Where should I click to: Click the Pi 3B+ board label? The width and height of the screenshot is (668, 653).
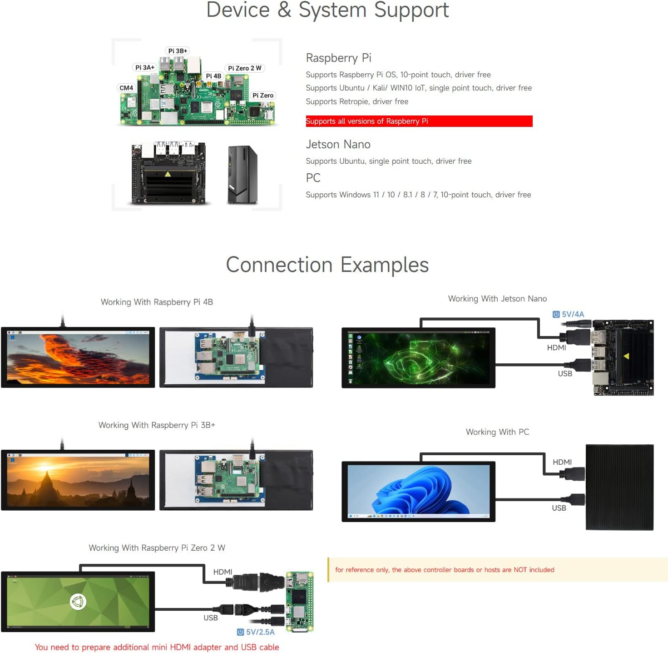(x=178, y=51)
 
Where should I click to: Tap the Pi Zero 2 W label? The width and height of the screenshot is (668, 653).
(x=244, y=68)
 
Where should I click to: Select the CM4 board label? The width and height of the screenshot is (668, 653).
(x=126, y=88)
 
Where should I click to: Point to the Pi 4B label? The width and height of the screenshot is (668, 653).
(x=213, y=76)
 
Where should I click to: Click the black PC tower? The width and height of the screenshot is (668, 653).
(x=242, y=175)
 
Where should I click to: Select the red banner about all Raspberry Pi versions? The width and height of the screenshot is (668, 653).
(x=419, y=121)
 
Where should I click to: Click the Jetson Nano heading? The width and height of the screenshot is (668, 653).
(x=338, y=145)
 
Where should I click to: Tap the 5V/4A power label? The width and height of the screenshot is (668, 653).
(x=569, y=314)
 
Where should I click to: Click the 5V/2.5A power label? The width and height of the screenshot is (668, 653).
(x=256, y=632)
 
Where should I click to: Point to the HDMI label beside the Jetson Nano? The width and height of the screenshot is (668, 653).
(x=556, y=348)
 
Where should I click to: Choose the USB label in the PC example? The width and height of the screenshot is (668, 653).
(x=559, y=508)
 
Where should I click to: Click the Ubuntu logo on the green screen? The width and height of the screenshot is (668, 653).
(x=78, y=602)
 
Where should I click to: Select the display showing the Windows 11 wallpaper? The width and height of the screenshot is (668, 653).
(x=418, y=491)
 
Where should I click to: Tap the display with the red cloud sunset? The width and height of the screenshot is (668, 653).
(x=78, y=357)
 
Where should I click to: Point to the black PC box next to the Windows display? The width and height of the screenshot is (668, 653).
(x=619, y=487)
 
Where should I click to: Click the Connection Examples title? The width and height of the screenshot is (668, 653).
(x=327, y=265)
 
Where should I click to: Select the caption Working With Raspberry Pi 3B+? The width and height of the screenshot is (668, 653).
(x=157, y=425)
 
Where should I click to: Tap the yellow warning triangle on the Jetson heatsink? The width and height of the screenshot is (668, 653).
(x=626, y=356)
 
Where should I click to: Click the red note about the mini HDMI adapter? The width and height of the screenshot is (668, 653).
(x=157, y=647)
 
